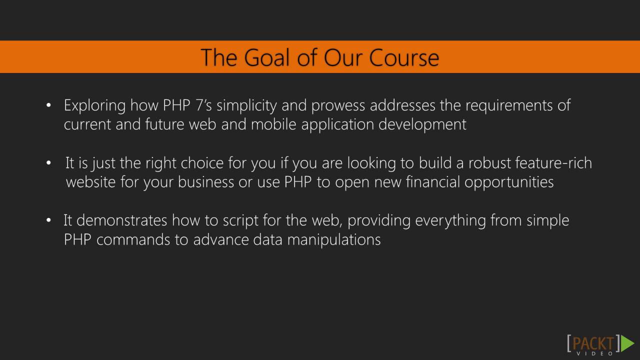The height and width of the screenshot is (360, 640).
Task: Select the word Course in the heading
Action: tap(404, 57)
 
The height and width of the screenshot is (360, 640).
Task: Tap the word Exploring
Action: tap(94, 106)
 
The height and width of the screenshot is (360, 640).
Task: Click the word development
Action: tap(422, 124)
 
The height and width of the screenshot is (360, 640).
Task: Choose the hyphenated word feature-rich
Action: tap(553, 163)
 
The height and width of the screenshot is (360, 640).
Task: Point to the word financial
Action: tap(432, 182)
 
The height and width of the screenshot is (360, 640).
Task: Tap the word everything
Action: tap(450, 221)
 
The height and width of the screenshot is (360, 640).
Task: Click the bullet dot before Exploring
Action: tap(48, 106)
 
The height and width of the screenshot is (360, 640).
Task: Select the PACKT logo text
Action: tap(592, 343)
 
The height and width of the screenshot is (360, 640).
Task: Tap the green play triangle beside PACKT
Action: tap(627, 343)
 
